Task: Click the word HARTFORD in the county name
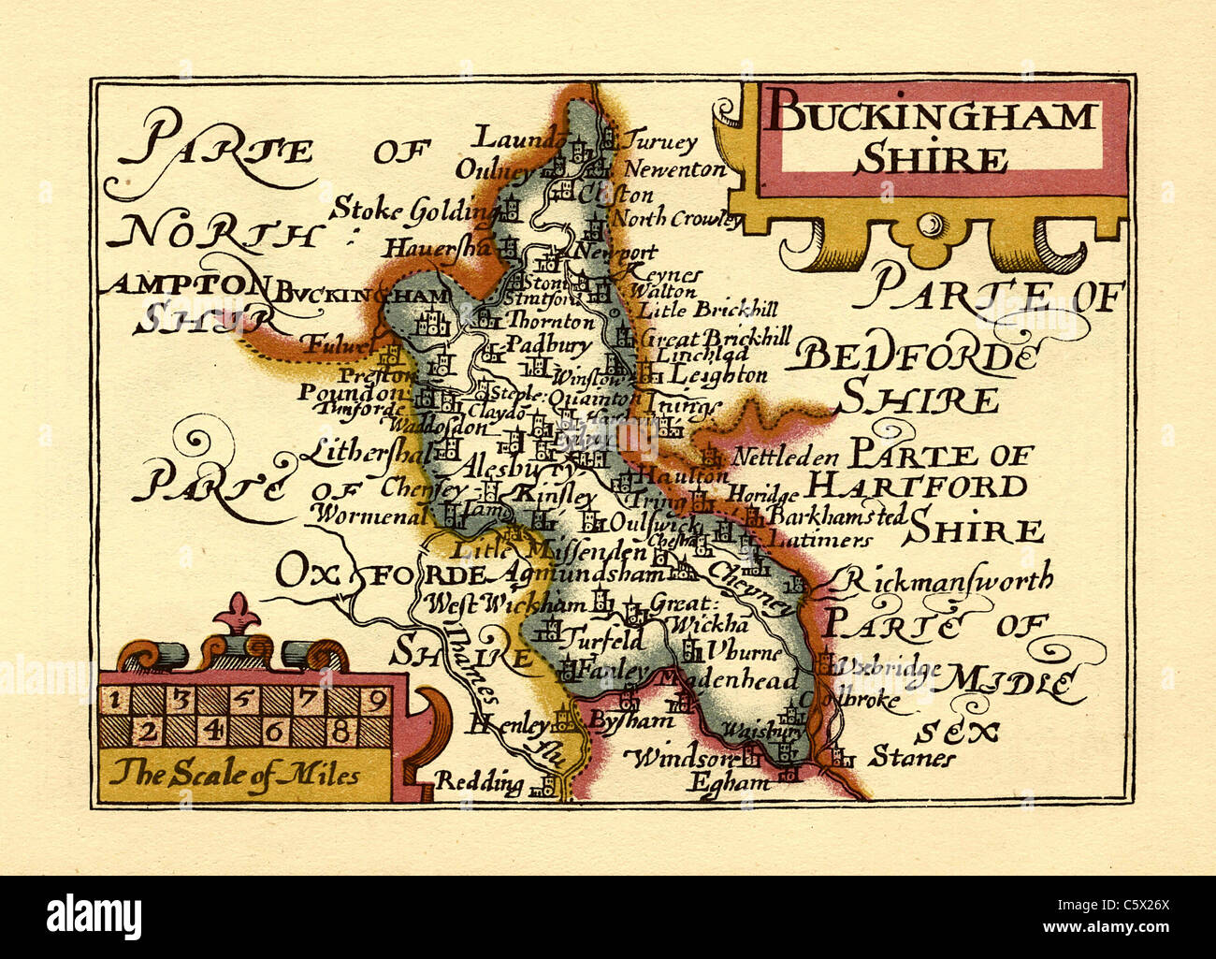click(x=917, y=487)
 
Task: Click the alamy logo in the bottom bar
click(x=94, y=914)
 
